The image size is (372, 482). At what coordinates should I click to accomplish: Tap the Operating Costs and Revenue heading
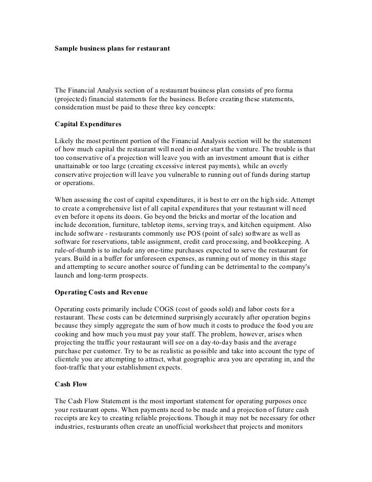tap(101, 292)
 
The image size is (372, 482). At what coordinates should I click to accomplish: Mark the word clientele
tap(71, 359)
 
